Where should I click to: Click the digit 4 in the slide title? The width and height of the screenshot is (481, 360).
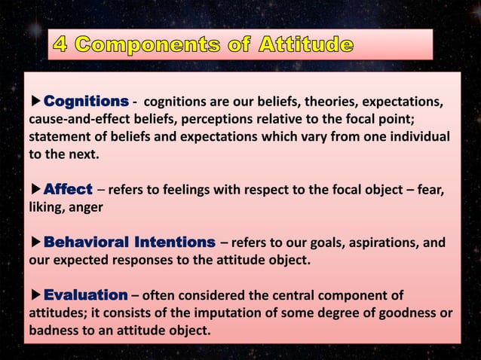(x=61, y=44)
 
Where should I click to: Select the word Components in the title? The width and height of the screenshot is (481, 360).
(x=142, y=44)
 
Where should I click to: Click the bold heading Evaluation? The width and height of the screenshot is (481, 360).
(x=85, y=294)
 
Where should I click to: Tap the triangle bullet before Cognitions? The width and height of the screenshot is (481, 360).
(x=35, y=102)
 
